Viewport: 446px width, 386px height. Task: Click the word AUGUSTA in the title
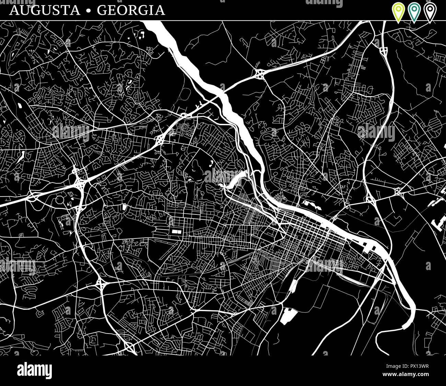click(x=45, y=10)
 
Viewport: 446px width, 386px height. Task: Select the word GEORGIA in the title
click(x=131, y=10)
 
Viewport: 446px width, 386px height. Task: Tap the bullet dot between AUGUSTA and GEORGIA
click(x=89, y=11)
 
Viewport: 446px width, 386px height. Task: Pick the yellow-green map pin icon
click(x=398, y=12)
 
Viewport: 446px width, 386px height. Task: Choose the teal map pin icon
click(x=414, y=12)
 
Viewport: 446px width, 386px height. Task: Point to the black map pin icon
click(x=429, y=12)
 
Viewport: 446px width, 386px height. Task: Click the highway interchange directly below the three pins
click(x=383, y=50)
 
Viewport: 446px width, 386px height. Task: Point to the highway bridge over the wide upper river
click(x=223, y=92)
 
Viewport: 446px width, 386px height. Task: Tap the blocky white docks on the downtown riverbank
click(x=369, y=246)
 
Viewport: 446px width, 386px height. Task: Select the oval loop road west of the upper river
click(x=185, y=93)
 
